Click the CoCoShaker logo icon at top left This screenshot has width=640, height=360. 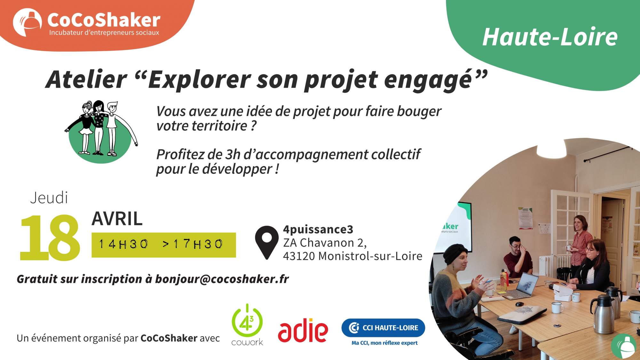click(27, 22)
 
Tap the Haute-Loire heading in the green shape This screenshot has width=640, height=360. click(549, 37)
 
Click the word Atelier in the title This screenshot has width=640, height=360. click(86, 79)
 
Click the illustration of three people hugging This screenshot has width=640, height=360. click(101, 131)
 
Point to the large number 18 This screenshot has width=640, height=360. click(50, 237)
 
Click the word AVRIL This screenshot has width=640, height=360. click(117, 219)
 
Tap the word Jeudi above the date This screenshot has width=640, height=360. click(49, 198)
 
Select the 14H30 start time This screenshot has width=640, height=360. click(124, 244)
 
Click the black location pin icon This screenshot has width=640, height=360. click(267, 242)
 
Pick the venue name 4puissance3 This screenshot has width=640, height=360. click(318, 229)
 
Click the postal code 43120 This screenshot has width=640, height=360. click(299, 256)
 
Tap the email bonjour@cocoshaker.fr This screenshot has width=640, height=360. click(222, 279)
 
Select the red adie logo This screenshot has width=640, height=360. click(303, 330)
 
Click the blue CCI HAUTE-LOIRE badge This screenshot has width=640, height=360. click(383, 328)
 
